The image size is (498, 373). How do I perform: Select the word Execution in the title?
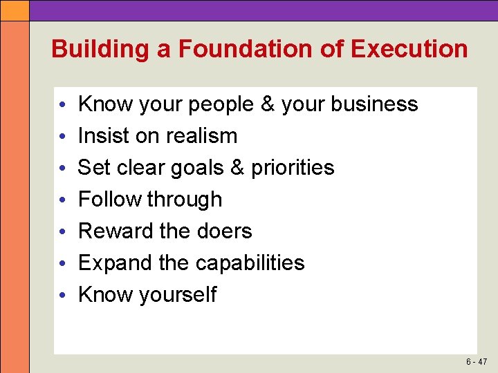[x=409, y=50]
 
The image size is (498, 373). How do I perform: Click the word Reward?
[x=116, y=231]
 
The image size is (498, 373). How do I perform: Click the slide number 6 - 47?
[x=476, y=362]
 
